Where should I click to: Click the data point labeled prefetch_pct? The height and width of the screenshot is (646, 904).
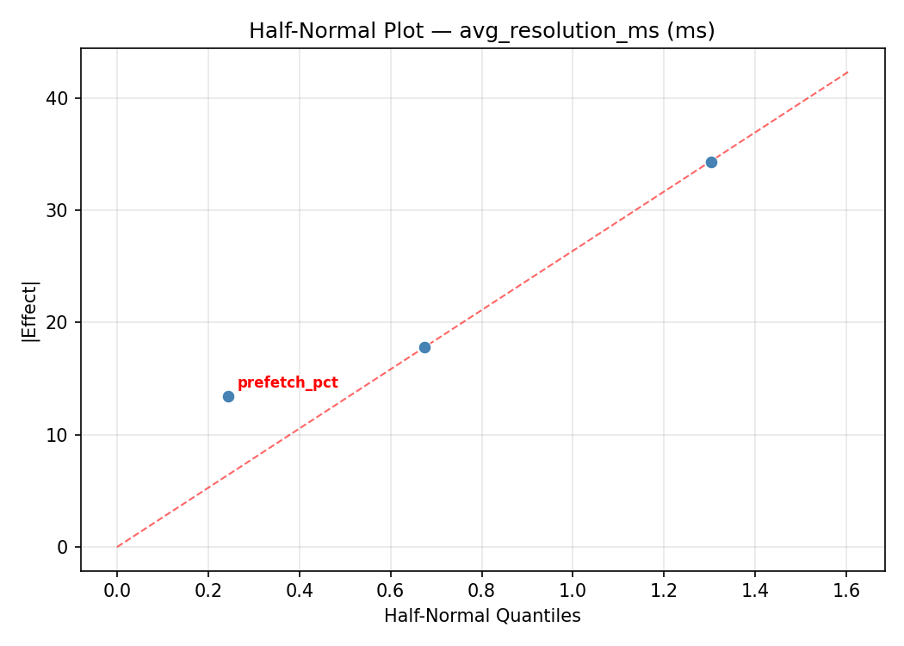[x=228, y=396]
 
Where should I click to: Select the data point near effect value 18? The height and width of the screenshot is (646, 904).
[x=424, y=347]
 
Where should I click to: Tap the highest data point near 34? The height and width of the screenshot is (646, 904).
[x=711, y=162]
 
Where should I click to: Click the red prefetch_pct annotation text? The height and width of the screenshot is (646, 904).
[x=288, y=383]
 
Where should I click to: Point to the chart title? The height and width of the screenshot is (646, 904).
[x=482, y=31]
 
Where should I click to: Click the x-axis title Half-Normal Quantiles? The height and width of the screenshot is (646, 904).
[x=482, y=616]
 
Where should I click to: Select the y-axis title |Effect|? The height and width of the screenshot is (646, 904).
[x=31, y=310]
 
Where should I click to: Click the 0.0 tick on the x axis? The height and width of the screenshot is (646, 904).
[x=117, y=591]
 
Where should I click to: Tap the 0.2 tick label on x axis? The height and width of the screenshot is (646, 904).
[x=208, y=591]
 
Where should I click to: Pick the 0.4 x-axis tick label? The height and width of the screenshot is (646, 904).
[x=300, y=591]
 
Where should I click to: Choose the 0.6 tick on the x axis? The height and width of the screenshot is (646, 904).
[x=391, y=591]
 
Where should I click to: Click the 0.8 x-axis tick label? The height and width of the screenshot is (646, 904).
[x=482, y=591]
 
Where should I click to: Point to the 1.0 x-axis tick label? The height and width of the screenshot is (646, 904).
[x=573, y=591]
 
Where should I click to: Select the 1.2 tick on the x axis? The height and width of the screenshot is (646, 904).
[x=664, y=591]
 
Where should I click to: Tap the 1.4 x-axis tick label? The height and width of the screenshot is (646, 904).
[x=755, y=591]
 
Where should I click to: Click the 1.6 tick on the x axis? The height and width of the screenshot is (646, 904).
[x=846, y=591]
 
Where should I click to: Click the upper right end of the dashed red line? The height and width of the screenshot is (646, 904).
[x=848, y=71]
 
